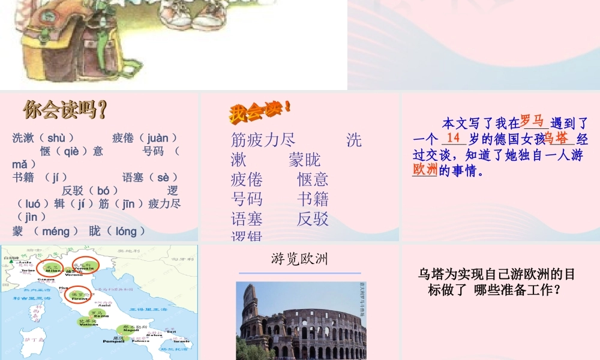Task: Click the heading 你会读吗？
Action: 65,110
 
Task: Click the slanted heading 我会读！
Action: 259,111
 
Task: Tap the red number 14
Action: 454,138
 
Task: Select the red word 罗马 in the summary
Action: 533,121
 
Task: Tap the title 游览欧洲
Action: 299,259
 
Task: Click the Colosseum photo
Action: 301,321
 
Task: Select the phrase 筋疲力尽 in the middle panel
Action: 263,140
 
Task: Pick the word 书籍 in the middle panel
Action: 313,199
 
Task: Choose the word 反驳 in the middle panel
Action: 313,219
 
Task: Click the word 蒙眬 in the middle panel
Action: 304,160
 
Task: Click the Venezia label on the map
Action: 82,268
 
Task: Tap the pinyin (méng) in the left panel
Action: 55,231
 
